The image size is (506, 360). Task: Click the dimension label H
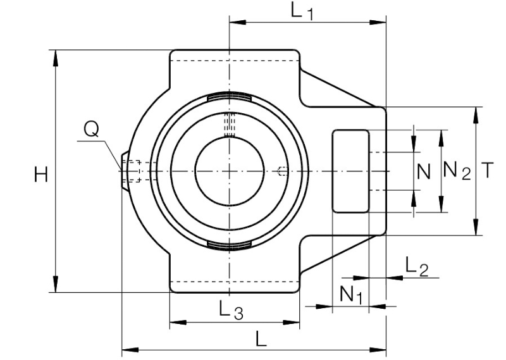tap(41, 175)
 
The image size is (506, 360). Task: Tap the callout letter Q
tap(91, 129)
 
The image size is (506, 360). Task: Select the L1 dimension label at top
tap(302, 11)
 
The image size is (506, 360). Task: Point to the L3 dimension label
tap(231, 309)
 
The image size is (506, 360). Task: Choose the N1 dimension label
tap(352, 294)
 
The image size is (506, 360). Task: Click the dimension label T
tap(488, 170)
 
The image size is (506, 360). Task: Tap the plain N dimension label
tap(424, 171)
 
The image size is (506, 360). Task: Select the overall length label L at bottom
tap(261, 338)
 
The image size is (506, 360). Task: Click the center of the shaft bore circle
tap(230, 171)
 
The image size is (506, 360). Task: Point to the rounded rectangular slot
tap(350, 171)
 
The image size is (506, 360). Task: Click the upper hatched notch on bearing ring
tap(230, 97)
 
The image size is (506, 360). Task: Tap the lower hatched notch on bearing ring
tap(230, 245)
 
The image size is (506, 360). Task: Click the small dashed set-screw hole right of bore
tap(283, 171)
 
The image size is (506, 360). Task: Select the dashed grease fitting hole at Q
tap(132, 171)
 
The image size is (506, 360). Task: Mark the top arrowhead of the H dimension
tap(56, 58)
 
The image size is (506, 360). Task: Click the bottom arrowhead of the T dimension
tap(476, 227)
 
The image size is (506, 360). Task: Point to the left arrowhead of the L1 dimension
tap(238, 22)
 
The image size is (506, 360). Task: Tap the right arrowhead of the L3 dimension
tap(291, 322)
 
